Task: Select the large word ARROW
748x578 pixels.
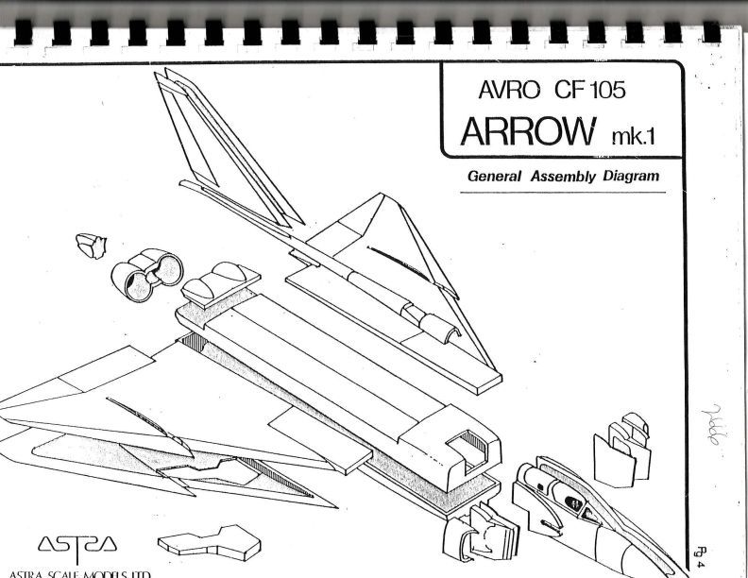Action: (x=525, y=135)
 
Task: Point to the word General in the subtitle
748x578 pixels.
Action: (x=499, y=176)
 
